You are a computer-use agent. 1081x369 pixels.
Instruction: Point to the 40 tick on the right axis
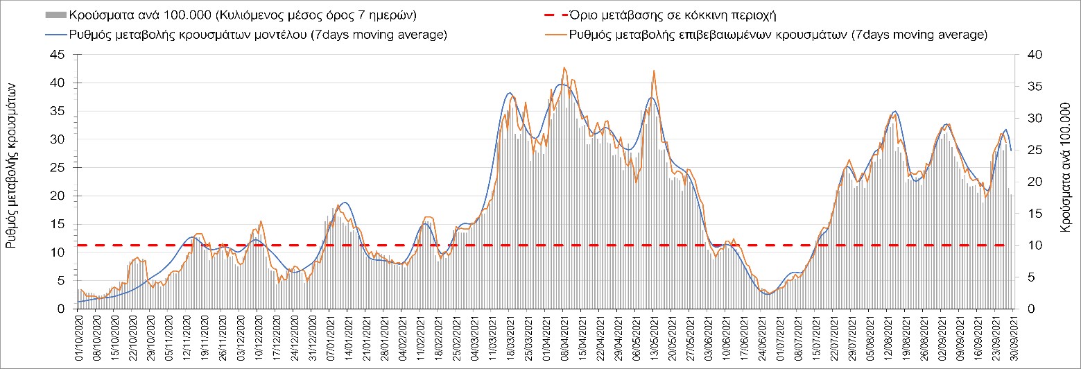[x=1025, y=55]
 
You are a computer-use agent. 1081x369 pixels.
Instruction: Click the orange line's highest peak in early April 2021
[x=564, y=68]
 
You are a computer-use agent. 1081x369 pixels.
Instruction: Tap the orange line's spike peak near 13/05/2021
[x=653, y=71]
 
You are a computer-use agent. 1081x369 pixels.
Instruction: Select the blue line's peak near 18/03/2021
[x=510, y=93]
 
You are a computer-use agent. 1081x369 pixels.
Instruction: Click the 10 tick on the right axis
[x=1025, y=245]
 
